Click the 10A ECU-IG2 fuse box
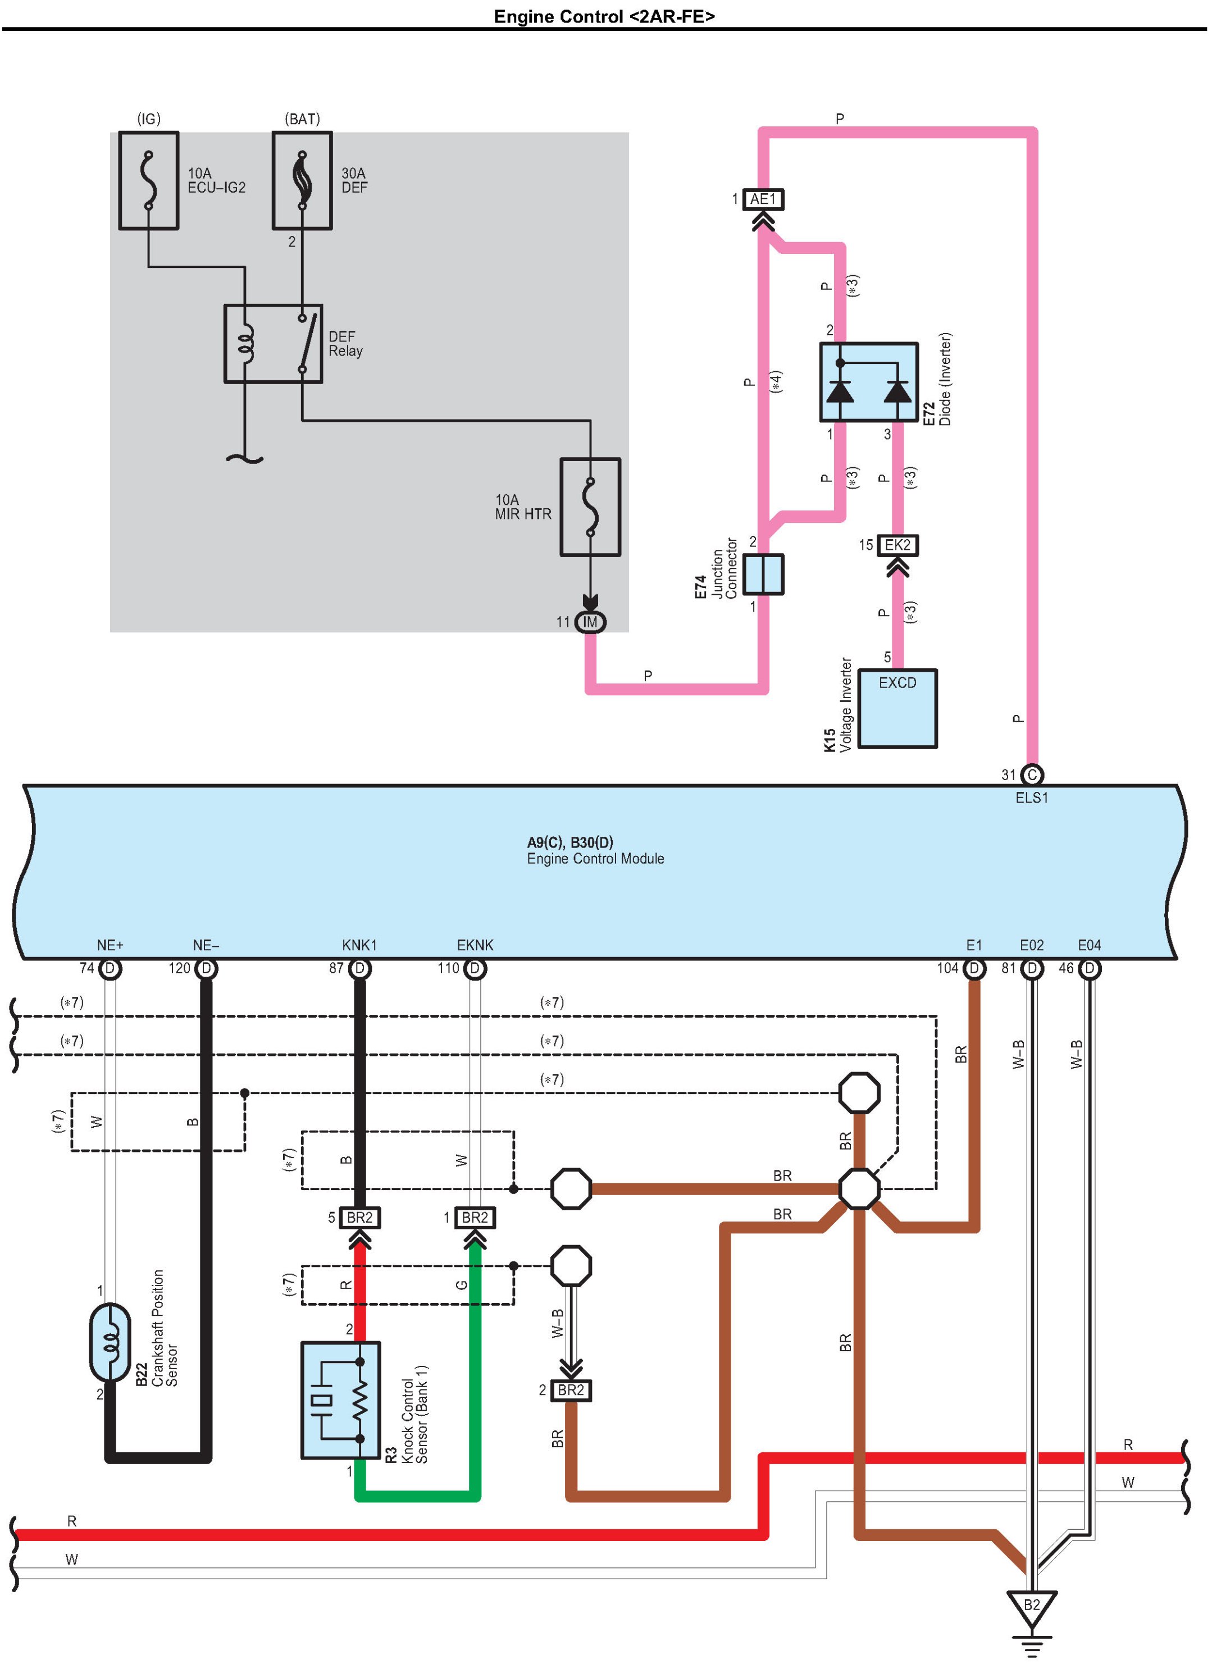pos(149,181)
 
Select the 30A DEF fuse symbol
pos(302,181)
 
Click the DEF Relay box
pos(274,344)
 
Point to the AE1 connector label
pos(763,199)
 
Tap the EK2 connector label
pos(898,545)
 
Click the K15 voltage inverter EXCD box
pos(898,709)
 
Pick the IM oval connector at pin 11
pos(590,622)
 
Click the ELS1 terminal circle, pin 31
pos(1032,775)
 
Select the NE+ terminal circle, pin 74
pos(110,969)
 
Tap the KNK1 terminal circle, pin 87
pos(359,969)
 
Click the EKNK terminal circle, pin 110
pos(475,969)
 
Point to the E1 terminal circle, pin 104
pos(974,969)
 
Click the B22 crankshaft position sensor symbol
pos(110,1343)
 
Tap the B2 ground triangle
pos(1032,1608)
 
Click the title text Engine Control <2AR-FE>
pos(604,16)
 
